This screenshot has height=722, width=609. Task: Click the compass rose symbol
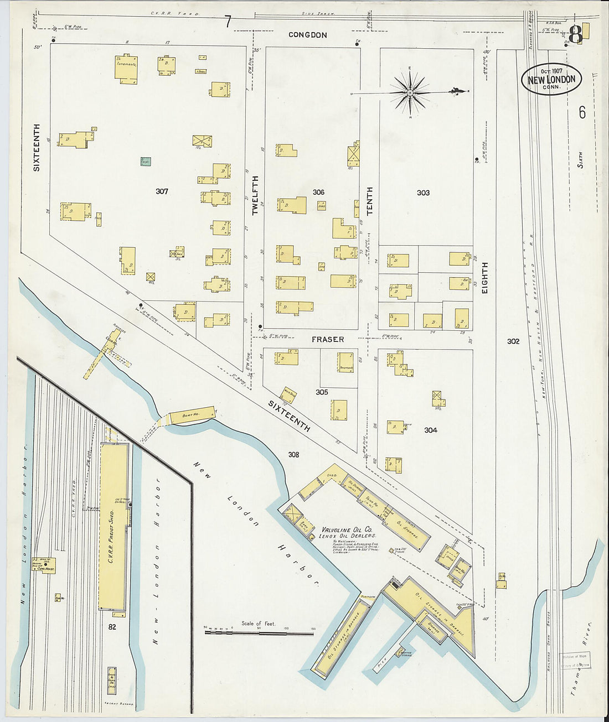point(410,93)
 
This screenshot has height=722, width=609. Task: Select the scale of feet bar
point(259,631)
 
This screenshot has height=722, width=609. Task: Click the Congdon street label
point(308,35)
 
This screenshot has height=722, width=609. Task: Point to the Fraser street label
point(327,339)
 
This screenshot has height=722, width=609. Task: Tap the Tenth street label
point(369,200)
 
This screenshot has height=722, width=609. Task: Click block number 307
point(162,191)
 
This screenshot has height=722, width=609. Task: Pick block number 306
point(318,192)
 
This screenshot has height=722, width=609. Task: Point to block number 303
point(423,193)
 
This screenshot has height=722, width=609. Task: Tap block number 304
point(430,430)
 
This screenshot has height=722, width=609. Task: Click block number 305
point(322,392)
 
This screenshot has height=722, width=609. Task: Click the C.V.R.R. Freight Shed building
point(114,527)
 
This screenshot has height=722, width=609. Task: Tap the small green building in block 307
point(145,162)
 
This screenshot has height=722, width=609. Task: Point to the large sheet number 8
point(575,34)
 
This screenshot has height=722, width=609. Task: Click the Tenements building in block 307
point(126,69)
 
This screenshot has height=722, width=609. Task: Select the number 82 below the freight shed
point(112,627)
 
